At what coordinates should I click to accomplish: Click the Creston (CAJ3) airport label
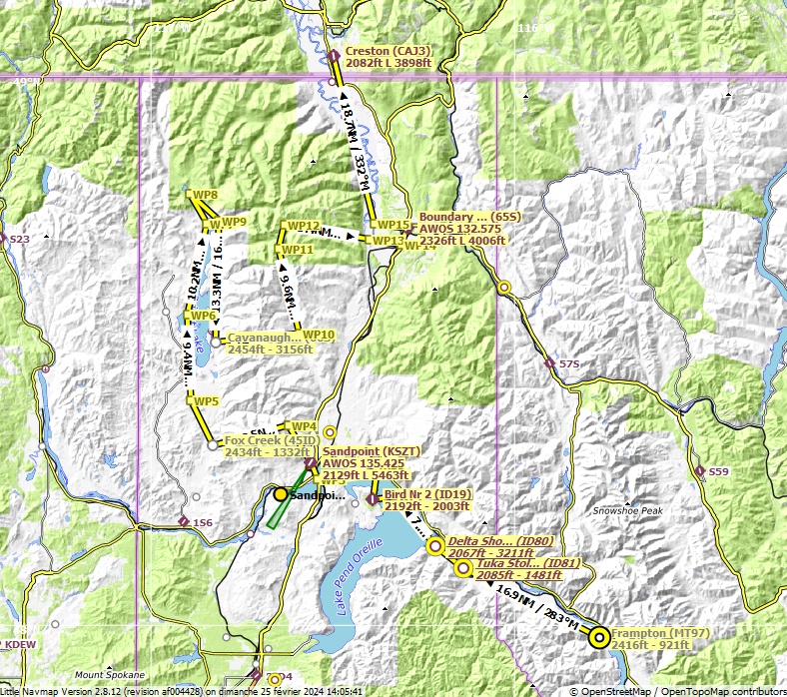388,51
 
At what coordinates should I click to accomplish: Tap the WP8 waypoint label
206,195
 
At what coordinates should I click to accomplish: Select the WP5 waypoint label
206,401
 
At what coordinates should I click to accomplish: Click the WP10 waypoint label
319,335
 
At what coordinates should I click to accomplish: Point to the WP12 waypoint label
303,226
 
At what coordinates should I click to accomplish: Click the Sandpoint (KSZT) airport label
372,451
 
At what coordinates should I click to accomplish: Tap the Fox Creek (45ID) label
272,440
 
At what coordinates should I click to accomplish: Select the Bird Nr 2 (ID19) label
427,494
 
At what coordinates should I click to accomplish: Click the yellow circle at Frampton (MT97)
598,636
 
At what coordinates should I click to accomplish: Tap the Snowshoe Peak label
627,510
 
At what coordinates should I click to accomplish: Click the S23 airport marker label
20,240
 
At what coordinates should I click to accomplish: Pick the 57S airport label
568,363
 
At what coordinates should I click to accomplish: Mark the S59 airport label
719,471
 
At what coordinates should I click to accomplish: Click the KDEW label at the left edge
21,646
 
